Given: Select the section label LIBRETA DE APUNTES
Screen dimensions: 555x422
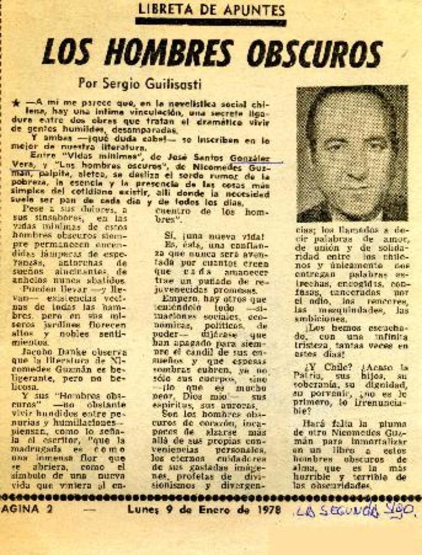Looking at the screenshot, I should [x=211, y=9].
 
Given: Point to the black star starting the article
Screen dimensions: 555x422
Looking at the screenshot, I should [x=16, y=104].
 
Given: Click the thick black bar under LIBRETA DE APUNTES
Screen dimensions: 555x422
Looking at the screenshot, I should [x=211, y=22].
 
